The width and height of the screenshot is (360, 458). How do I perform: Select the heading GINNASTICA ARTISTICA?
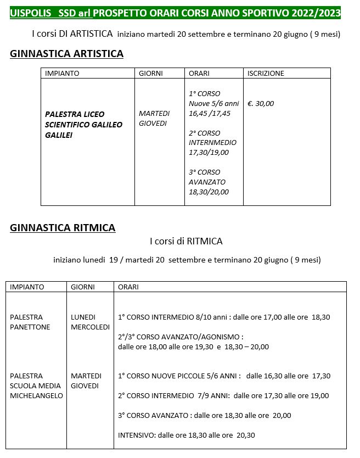point(66,53)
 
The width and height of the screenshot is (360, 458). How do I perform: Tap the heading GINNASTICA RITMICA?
point(63,228)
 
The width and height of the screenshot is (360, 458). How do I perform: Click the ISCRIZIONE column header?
point(266,73)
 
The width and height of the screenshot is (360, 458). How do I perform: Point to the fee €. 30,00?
point(261,103)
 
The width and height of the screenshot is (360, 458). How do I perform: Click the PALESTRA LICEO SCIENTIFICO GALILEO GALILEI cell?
point(83,125)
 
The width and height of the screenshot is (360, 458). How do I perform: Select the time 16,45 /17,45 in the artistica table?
point(210,113)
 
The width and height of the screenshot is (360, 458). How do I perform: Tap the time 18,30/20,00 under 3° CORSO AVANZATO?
point(209,192)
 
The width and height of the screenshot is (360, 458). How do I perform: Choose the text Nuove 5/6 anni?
point(213,103)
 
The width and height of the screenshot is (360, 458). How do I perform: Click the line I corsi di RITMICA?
point(186,241)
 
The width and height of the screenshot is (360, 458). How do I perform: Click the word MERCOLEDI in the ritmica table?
point(90,327)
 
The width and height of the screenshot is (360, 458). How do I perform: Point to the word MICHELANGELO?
point(36,395)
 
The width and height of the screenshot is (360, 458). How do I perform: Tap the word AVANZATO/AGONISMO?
point(199,337)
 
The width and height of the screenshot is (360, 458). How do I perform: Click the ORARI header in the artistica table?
point(199,73)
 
